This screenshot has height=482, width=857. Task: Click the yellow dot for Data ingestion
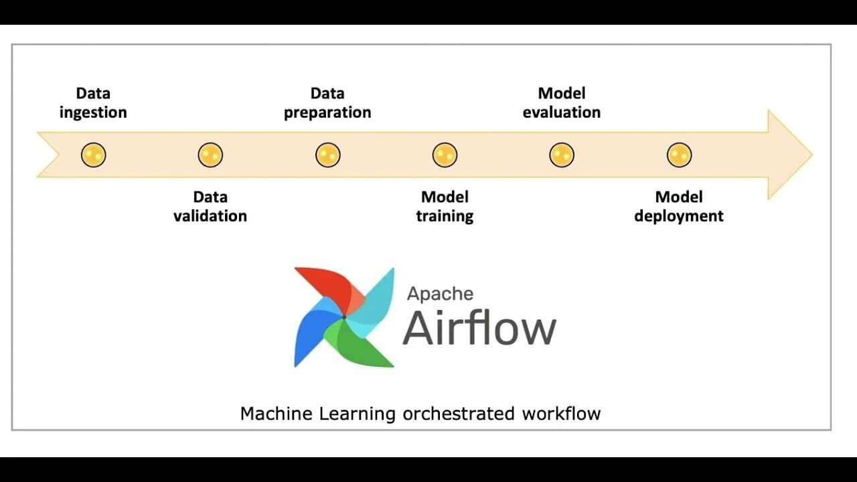(93, 155)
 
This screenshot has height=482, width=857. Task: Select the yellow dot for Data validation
(210, 155)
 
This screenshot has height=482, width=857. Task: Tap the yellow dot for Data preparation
(327, 155)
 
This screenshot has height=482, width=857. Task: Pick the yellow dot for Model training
(445, 155)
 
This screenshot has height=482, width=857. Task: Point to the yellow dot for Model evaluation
(562, 155)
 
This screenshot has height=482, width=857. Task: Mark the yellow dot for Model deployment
(679, 155)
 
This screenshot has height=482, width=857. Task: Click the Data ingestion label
(93, 102)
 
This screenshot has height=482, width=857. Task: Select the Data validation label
(210, 206)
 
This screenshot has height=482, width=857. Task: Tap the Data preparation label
(327, 102)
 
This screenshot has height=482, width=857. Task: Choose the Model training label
(445, 206)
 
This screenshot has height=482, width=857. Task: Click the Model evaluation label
(562, 102)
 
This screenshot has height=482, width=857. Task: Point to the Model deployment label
(679, 206)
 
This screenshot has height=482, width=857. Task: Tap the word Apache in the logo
(440, 294)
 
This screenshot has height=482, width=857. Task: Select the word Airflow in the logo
(479, 327)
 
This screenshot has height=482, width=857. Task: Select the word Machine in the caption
(276, 414)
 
